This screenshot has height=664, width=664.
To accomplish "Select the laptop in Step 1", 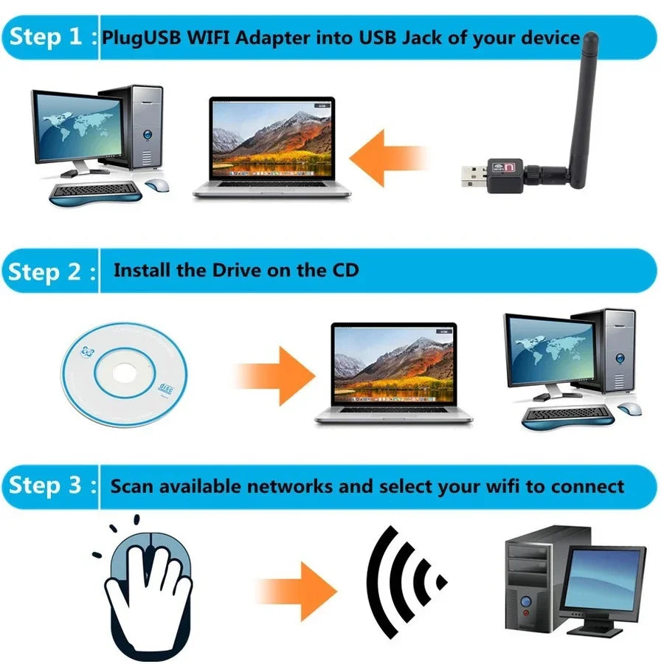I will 272,148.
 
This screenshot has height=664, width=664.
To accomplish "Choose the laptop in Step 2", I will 394,373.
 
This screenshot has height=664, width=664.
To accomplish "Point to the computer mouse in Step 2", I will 629,409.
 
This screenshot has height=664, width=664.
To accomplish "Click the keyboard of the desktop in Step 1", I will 94,193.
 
